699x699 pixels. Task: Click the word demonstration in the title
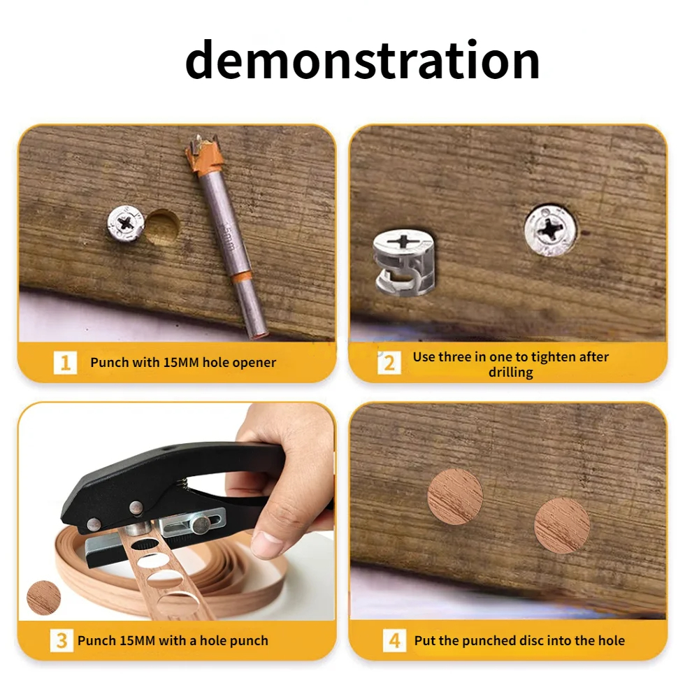(x=362, y=60)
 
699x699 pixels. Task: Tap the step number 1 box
(x=65, y=362)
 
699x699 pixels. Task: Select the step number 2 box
(x=389, y=363)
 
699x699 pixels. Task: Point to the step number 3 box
(x=62, y=640)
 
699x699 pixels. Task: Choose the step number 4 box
(x=394, y=640)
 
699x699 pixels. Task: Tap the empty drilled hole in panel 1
(x=163, y=228)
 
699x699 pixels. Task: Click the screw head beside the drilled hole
(x=126, y=223)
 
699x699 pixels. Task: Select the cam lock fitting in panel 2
(x=404, y=263)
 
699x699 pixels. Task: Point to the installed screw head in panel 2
(x=551, y=231)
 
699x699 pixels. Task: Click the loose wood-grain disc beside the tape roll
(x=43, y=598)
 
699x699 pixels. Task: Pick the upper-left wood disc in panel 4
(x=455, y=496)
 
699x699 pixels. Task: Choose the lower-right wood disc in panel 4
(x=562, y=526)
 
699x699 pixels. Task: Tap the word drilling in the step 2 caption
(x=510, y=373)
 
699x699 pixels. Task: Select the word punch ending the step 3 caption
(x=250, y=641)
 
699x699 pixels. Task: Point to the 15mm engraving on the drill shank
(x=228, y=236)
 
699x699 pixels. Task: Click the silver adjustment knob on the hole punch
(x=201, y=525)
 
